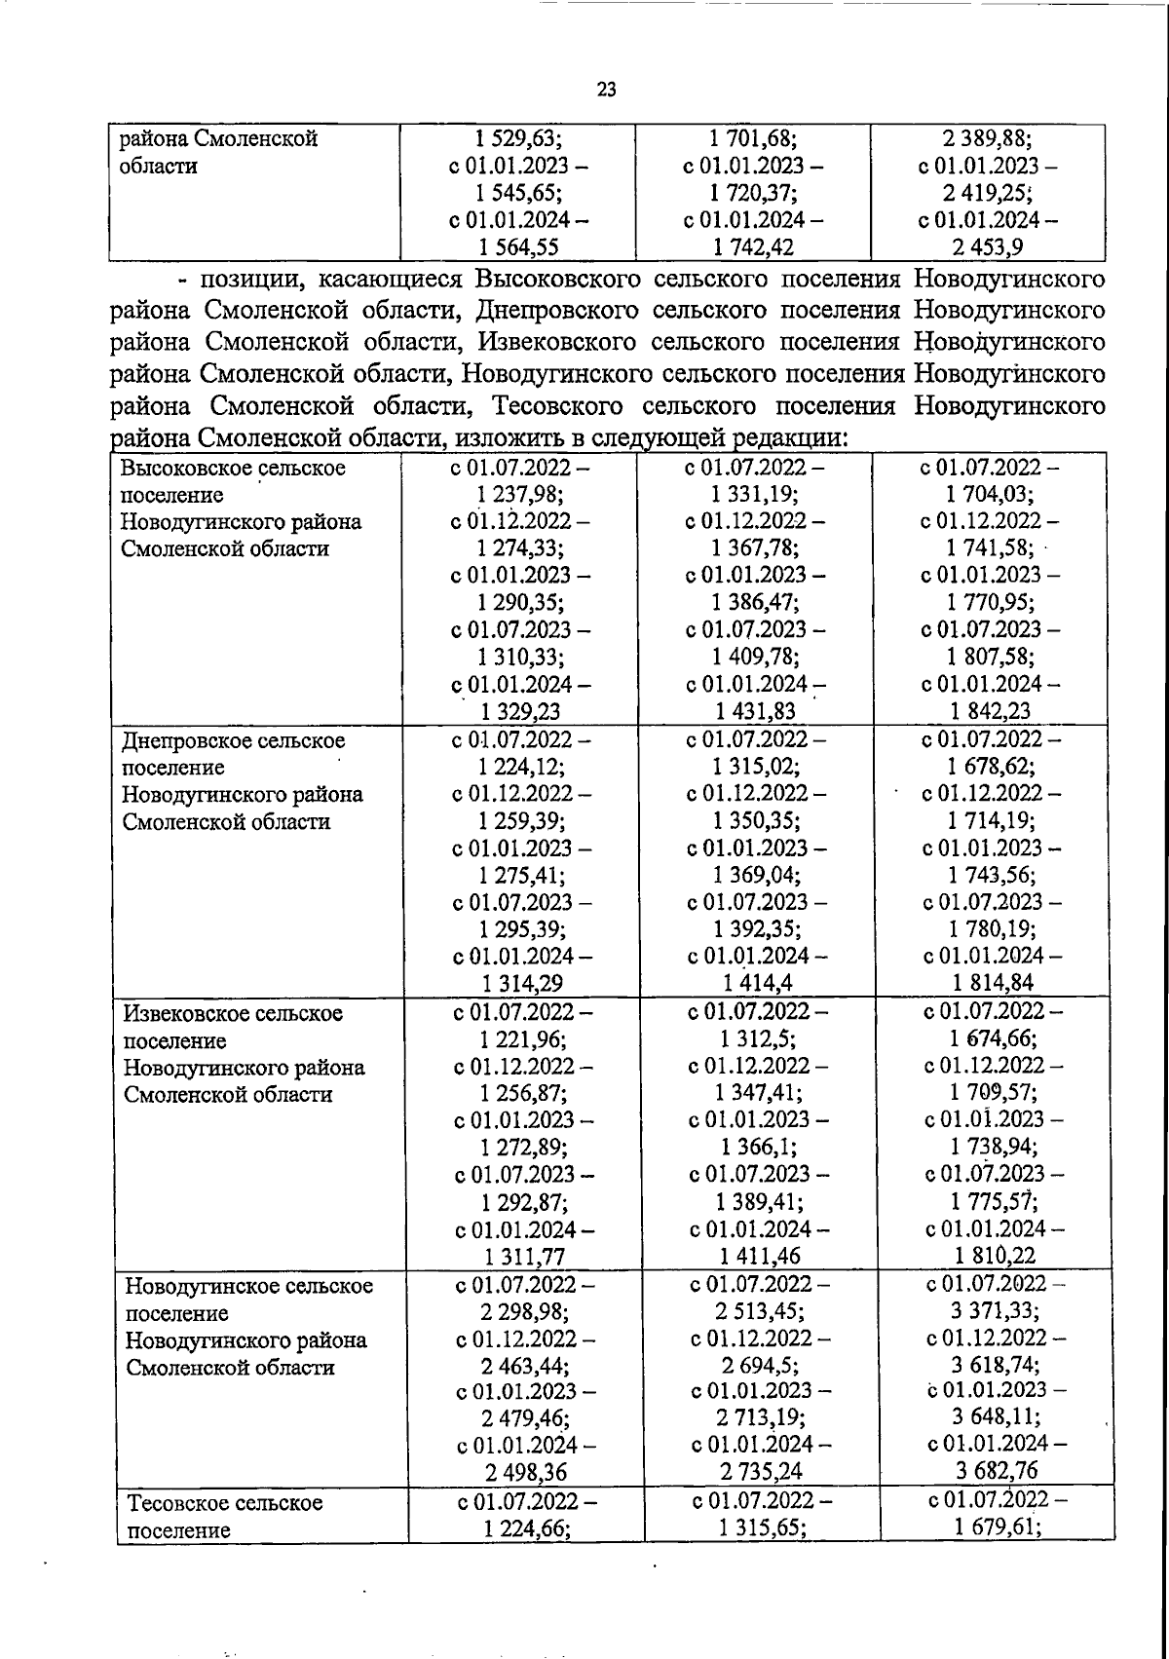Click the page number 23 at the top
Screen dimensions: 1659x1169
(606, 91)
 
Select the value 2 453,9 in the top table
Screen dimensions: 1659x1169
(988, 247)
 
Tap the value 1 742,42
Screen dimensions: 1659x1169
(754, 247)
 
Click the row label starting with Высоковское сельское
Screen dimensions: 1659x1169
(233, 468)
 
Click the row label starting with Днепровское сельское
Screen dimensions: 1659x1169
(234, 740)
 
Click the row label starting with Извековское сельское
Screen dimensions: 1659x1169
(233, 1013)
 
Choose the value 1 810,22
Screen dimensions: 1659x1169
(994, 1256)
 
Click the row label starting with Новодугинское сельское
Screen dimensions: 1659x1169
(248, 1286)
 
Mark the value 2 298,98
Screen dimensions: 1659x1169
(525, 1312)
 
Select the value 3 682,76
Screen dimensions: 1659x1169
(996, 1470)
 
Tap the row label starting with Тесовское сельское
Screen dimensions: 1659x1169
(225, 1503)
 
